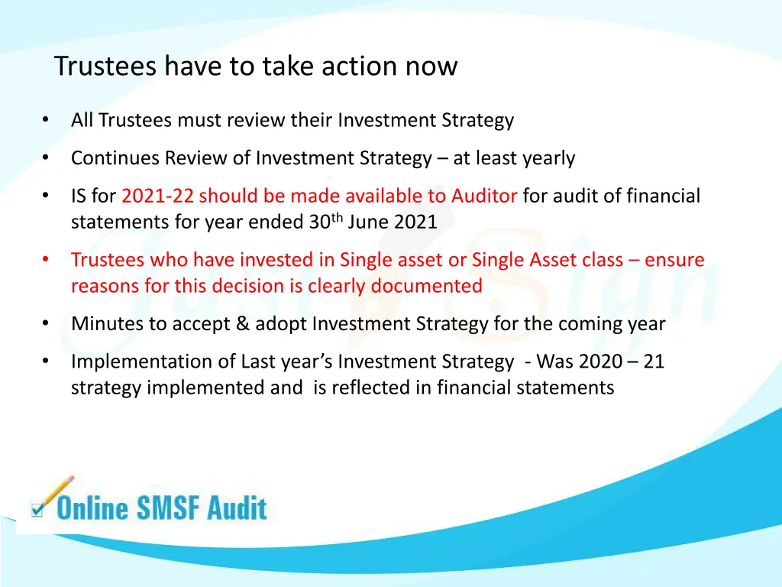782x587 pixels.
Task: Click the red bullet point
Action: (x=46, y=260)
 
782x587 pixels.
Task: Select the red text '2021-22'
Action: (x=158, y=196)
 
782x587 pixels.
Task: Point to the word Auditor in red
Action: (x=484, y=196)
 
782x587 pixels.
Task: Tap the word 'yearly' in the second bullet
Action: (x=548, y=158)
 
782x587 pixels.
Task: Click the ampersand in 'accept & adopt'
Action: (x=242, y=324)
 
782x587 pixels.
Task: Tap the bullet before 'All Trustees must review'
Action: (x=46, y=120)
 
